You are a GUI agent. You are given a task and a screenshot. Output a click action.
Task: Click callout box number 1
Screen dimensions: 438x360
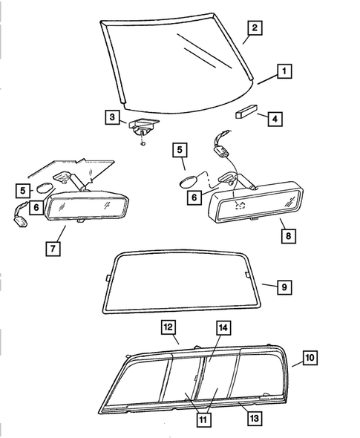284,72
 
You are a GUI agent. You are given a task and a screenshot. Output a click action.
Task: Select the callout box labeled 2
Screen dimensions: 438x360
254,29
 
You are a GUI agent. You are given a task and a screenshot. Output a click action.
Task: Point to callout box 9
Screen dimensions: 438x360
284,286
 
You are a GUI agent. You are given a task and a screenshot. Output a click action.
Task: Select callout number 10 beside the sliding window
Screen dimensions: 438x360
310,357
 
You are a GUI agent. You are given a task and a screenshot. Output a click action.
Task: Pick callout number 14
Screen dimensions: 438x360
222,327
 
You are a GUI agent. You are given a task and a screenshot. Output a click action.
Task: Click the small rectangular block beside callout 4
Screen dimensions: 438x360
244,114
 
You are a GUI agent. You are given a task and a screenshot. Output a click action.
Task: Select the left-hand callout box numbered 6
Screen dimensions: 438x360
34,206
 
